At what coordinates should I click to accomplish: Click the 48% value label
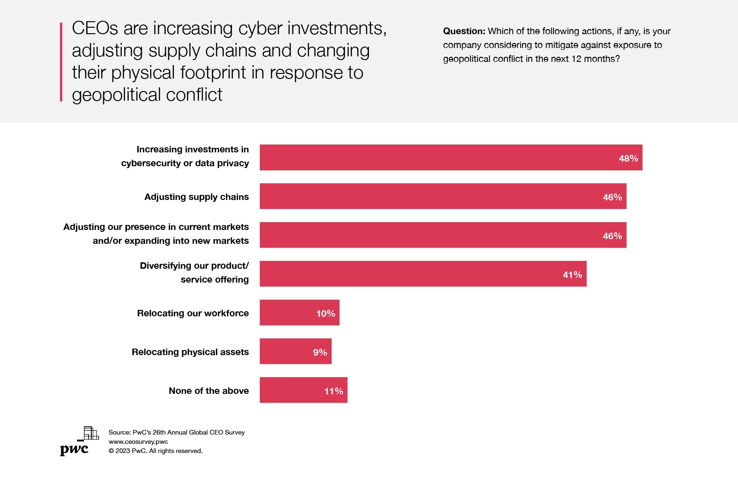click(x=628, y=158)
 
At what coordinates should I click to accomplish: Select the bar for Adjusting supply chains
click(x=443, y=196)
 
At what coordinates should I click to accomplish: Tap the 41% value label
click(x=572, y=275)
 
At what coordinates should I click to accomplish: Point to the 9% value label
click(x=320, y=352)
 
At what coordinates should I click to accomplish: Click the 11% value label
click(x=333, y=391)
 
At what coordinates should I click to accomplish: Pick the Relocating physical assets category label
click(x=190, y=352)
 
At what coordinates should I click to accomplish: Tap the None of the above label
click(x=208, y=391)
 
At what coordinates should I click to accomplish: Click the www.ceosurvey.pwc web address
click(x=138, y=441)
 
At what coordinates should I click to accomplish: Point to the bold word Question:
click(x=464, y=31)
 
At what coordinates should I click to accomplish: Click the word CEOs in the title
click(x=95, y=28)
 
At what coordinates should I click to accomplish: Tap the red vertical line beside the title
click(x=61, y=62)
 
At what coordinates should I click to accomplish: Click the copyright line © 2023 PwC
click(x=155, y=451)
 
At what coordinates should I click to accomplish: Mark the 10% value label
click(x=325, y=314)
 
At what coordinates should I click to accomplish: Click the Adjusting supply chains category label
click(x=196, y=197)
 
